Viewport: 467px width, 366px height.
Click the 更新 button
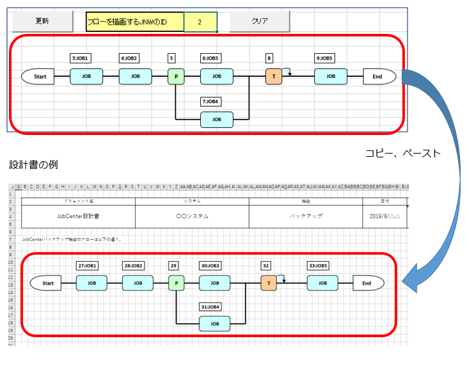[43, 21]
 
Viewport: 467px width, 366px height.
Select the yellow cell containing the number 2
[200, 22]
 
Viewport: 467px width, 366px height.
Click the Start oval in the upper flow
[40, 77]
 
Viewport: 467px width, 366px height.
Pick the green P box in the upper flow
[176, 77]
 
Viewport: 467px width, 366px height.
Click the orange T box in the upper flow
[274, 77]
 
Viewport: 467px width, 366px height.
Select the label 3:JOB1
[81, 58]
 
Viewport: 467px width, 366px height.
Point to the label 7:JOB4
[211, 101]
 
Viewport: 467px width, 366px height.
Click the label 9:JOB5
[324, 58]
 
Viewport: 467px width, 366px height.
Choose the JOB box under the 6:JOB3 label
[217, 77]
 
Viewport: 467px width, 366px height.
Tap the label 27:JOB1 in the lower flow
[87, 266]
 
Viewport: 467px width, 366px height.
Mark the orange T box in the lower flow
[269, 283]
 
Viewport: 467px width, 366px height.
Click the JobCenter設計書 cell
[78, 216]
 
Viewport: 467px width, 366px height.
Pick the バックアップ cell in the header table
[305, 216]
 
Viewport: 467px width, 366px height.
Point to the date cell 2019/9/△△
[384, 216]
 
